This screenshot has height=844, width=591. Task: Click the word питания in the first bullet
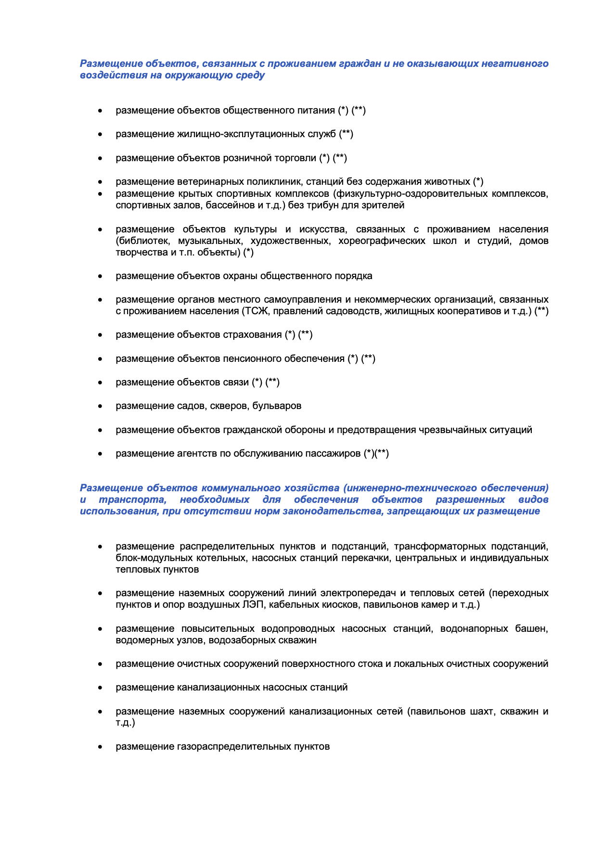coord(317,111)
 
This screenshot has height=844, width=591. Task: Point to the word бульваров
coord(277,406)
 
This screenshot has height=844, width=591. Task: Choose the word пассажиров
coord(334,454)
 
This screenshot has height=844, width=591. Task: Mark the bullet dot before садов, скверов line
coord(100,406)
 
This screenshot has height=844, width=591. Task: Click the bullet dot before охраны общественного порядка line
coord(100,276)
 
